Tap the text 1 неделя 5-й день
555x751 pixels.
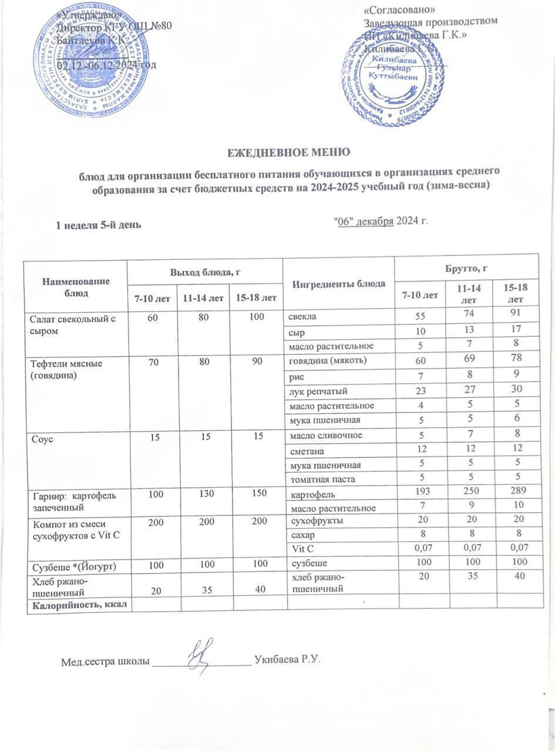pyautogui.click(x=97, y=225)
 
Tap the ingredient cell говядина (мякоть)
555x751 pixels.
pyautogui.click(x=327, y=360)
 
